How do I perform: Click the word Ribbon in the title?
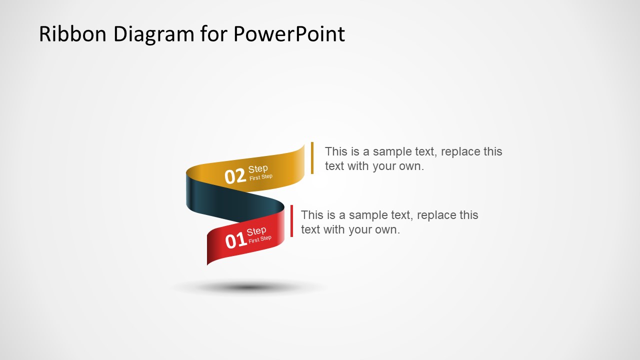coord(72,34)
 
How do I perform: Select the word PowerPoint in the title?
coord(288,34)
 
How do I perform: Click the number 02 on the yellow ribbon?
coord(235,176)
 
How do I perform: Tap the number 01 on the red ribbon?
coord(235,241)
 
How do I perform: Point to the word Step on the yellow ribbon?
coord(258,169)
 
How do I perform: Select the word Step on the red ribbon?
coord(256,231)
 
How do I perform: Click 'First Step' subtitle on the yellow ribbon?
coord(261,177)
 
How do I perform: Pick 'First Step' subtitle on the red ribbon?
coord(260,239)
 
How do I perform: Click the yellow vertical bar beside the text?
coord(312,158)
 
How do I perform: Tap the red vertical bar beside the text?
coord(291,220)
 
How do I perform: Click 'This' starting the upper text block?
coord(335,151)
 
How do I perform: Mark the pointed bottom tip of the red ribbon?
coord(208,262)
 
